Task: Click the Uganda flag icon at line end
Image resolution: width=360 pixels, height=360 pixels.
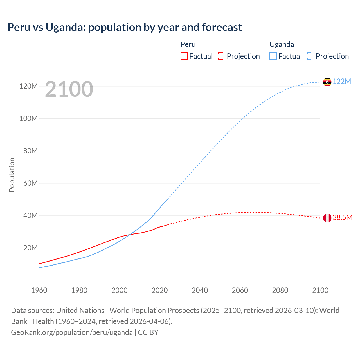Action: tap(327, 82)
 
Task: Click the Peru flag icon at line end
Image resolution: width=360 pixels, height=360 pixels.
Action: tap(327, 218)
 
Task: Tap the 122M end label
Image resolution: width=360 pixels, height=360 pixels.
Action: tap(342, 82)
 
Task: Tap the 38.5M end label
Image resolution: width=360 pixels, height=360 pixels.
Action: tap(342, 218)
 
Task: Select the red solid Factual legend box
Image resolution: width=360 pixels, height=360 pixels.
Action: tap(184, 56)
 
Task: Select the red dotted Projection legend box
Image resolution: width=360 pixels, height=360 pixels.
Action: tap(222, 56)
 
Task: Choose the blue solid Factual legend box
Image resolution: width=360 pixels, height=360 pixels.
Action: tap(273, 56)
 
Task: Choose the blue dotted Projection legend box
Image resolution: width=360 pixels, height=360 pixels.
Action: tap(311, 56)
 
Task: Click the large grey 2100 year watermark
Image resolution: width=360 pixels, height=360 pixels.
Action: tap(69, 89)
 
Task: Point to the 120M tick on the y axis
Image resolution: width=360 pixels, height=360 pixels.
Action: tap(28, 86)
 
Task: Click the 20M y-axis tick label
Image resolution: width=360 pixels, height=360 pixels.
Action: tap(30, 248)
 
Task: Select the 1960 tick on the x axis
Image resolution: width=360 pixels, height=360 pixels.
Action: tap(39, 290)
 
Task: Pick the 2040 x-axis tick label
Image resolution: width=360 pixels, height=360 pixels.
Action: tap(200, 290)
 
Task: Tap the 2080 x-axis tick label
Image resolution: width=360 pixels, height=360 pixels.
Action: tap(280, 290)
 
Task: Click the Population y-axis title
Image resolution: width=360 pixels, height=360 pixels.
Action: tap(12, 175)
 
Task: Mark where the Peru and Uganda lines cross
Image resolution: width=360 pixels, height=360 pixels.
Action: tap(130, 234)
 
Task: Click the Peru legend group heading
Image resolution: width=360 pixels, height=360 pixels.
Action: tap(188, 44)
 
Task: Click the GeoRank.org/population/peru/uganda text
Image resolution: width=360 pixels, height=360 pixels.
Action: tap(72, 332)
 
